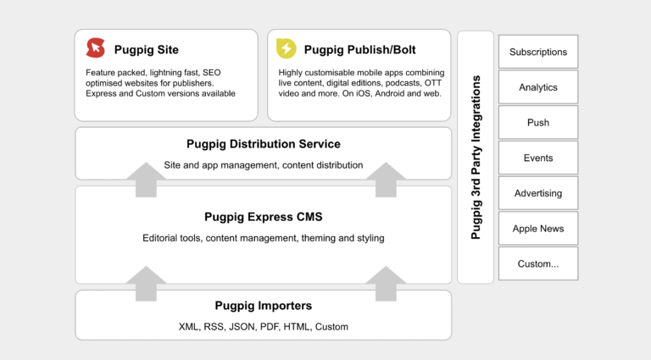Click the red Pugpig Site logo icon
[96, 49]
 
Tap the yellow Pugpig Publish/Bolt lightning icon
[287, 49]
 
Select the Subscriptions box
[538, 52]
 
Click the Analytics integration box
[538, 87]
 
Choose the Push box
[538, 123]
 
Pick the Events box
[538, 158]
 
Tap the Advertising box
[538, 193]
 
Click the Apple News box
[538, 229]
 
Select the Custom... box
[538, 263]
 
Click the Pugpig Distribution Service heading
[263, 144]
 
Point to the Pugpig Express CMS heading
[263, 217]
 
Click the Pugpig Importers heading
[263, 306]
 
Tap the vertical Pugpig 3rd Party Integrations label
[476, 158]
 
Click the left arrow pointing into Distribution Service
[150, 180]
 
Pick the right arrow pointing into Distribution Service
[391, 180]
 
